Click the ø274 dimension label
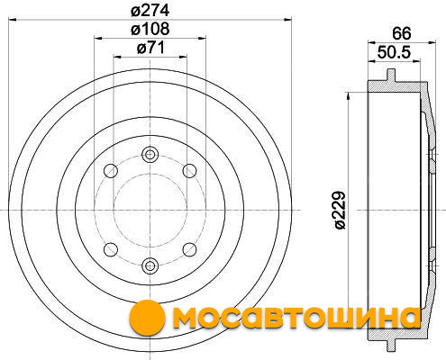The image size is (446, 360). [x=150, y=10]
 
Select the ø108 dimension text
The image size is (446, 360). [x=150, y=29]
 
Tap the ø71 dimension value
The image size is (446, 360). [x=151, y=48]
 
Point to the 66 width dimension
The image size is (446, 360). [x=402, y=33]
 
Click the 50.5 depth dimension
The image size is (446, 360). [x=394, y=52]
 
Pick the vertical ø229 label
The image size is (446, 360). [x=341, y=211]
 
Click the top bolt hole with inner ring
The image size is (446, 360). [x=150, y=155]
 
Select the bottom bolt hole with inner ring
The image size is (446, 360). [x=150, y=265]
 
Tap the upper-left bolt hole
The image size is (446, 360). [x=111, y=171]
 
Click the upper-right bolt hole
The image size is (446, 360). [x=190, y=171]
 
